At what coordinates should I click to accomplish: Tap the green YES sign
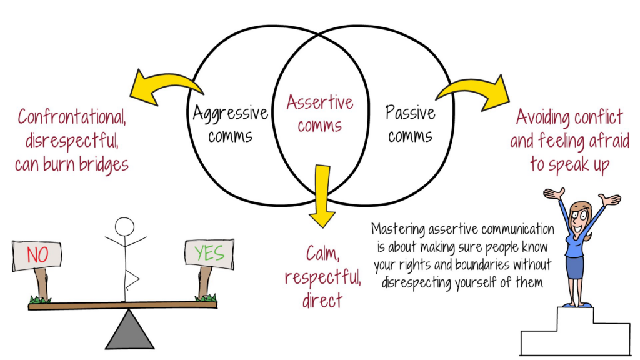(209, 253)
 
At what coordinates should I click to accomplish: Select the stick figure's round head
(125, 226)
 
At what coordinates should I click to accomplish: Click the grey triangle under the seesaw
(129, 329)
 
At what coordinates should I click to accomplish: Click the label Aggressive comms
(230, 122)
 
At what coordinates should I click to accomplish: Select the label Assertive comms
(319, 113)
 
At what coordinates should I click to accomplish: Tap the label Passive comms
(410, 122)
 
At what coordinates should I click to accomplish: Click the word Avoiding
(546, 117)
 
